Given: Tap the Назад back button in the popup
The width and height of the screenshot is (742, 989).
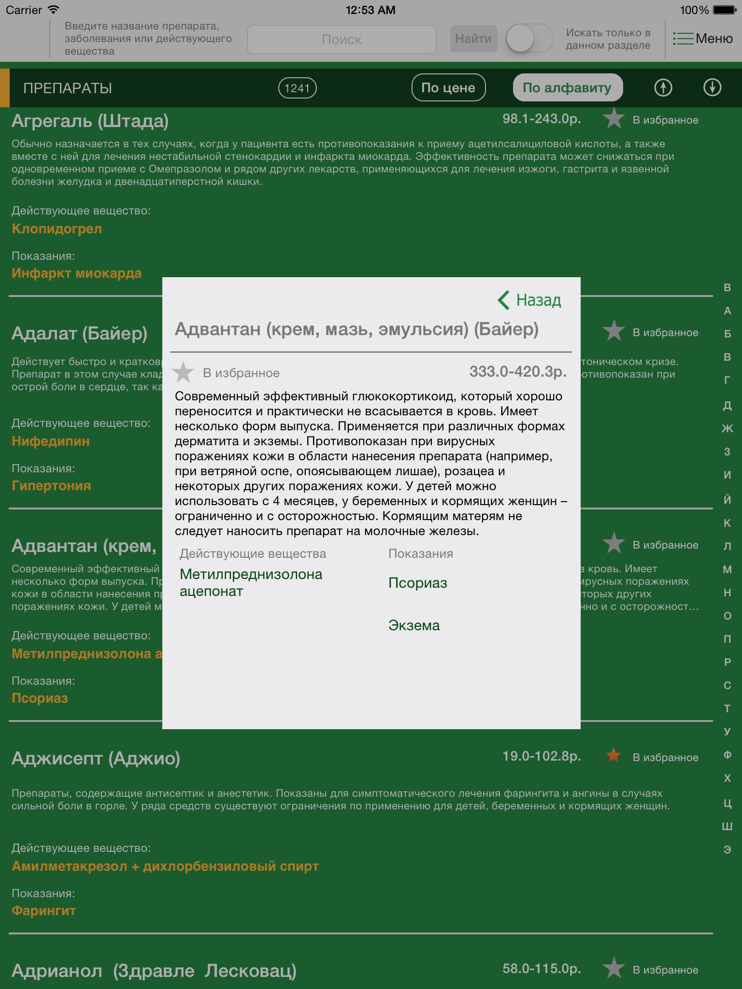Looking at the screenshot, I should (529, 300).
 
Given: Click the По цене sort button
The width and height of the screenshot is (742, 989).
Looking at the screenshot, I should (448, 87).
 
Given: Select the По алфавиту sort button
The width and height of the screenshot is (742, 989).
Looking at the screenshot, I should (567, 87).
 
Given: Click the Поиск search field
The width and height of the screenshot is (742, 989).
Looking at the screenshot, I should (342, 40).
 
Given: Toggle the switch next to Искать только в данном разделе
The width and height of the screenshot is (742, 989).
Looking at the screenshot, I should (529, 39).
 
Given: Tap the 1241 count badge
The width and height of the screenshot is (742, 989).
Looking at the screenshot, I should (297, 88).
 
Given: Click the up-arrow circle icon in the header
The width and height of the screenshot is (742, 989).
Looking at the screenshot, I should (663, 87).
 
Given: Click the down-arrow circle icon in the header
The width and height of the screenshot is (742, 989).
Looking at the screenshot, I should (712, 87).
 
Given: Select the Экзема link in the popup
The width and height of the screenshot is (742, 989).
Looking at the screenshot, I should (414, 625).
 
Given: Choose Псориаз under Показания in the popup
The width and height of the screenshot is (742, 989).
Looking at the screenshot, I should (417, 583).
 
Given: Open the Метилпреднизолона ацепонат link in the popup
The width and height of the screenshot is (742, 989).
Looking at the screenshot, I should (251, 582).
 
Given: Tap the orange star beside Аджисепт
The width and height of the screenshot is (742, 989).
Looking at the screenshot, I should (614, 755).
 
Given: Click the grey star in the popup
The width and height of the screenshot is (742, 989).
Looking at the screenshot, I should (183, 372).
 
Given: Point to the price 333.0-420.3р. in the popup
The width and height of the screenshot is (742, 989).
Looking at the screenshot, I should (517, 371).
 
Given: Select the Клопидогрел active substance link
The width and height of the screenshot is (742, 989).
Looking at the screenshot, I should (57, 228).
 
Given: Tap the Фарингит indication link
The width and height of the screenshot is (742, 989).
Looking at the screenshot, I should (44, 910).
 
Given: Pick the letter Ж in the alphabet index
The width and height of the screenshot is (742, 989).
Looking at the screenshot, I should (727, 428).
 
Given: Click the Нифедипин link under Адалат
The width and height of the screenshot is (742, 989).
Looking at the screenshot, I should (51, 441).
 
